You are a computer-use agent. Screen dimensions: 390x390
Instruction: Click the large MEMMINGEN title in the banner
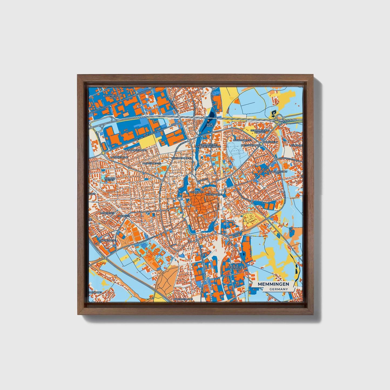[x=273, y=284]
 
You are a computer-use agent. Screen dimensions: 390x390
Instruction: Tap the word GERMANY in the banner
[x=278, y=289]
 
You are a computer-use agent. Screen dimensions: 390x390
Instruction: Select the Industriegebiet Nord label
[x=113, y=96]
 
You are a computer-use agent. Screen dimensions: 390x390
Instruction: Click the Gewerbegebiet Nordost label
[x=260, y=131]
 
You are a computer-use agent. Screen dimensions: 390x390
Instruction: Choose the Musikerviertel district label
[x=242, y=140]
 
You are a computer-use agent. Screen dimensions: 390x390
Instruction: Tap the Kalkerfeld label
[x=270, y=142]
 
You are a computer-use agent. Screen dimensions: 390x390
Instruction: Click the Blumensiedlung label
[x=135, y=150]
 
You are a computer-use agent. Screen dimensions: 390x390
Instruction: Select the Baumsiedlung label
[x=119, y=157]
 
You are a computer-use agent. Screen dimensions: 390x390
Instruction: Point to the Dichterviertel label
[x=152, y=164]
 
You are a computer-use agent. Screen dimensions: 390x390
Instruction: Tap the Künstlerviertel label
[x=181, y=158]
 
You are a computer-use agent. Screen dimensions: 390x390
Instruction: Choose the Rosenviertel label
[x=214, y=194]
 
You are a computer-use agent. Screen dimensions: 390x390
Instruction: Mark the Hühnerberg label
[x=107, y=240]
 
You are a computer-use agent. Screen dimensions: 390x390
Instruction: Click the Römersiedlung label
[x=183, y=299]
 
